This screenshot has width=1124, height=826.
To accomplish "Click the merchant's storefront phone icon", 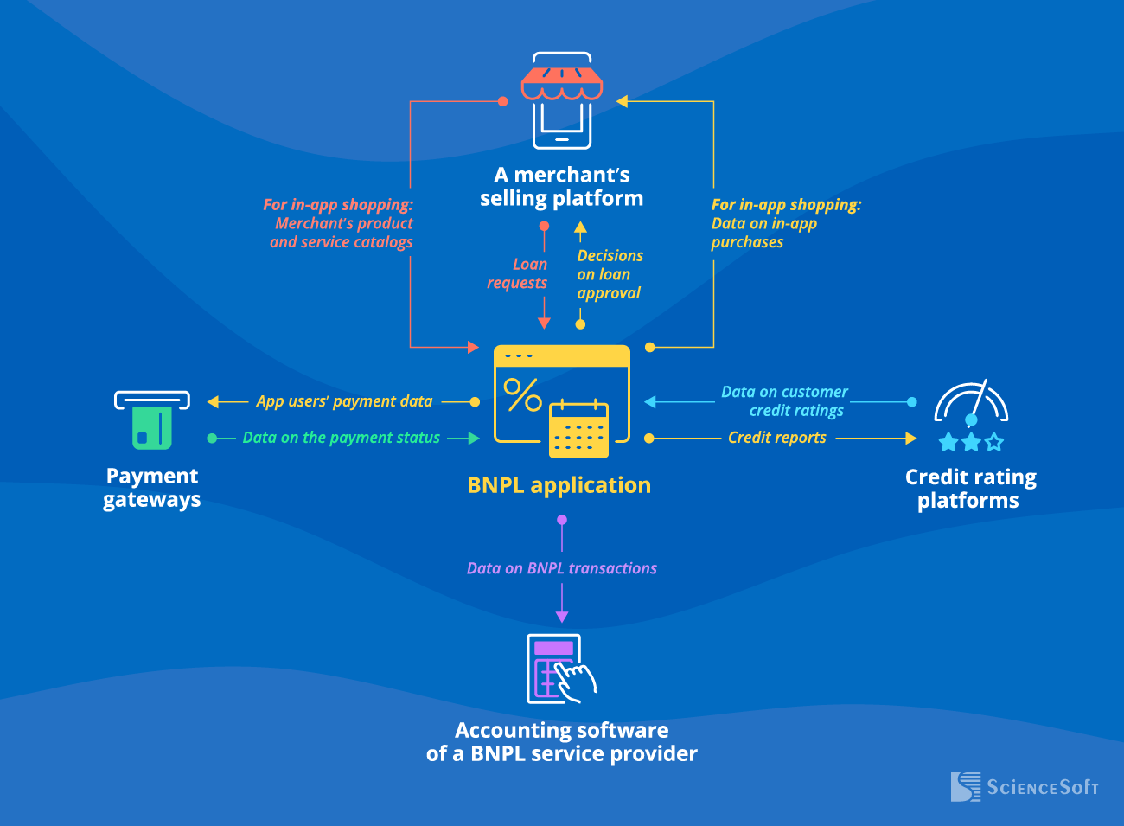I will pos(562,101).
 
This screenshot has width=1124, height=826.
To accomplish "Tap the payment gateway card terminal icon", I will pos(152,420).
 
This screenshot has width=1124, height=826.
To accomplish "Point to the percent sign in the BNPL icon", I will pos(522,394).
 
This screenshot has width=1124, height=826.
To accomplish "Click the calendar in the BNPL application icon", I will pos(579,429).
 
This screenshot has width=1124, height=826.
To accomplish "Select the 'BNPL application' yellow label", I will pos(559,485).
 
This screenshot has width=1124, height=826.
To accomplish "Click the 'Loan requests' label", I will pos(519,273).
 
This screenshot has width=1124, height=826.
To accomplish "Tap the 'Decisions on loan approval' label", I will pos(610,274).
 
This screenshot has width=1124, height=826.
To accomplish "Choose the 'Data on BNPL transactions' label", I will pos(562,568).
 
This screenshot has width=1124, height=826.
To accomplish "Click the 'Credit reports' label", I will pos(776,438).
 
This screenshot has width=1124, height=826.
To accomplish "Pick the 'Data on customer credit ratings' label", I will pos(785,401).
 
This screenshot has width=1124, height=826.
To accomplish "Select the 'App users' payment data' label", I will pos(344,401).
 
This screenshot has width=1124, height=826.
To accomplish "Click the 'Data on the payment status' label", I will pos(341,438).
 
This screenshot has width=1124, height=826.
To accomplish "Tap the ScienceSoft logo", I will pos(1025,786).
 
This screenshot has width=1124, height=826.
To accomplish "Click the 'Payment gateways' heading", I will pos(152,488).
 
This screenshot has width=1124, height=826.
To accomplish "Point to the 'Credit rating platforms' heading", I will pos(970,489).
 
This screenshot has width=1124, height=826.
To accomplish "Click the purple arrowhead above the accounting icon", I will pos(562,617).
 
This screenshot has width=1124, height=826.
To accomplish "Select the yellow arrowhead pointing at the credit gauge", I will pos(910,439).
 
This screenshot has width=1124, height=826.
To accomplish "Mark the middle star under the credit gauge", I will pos(971,443).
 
